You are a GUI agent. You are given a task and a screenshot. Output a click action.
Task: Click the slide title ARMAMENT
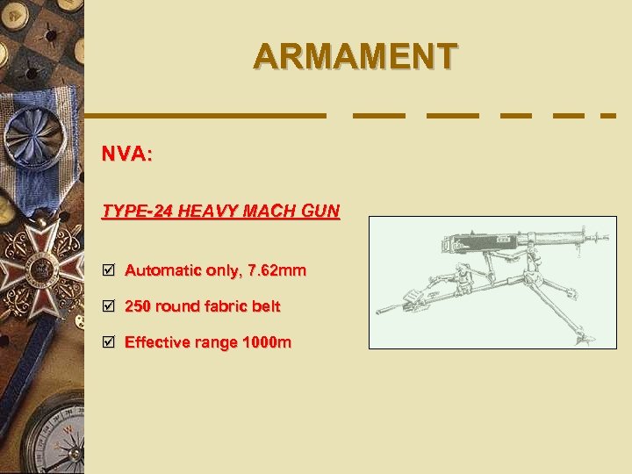pyautogui.click(x=355, y=56)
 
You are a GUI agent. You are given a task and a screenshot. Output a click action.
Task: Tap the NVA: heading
pyautogui.click(x=127, y=155)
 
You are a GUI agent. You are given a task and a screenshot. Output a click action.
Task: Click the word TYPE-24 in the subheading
pyautogui.click(x=133, y=212)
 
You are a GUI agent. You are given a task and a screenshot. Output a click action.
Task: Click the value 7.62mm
pyautogui.click(x=277, y=270)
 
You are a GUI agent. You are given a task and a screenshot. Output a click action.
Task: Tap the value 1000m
pyautogui.click(x=269, y=342)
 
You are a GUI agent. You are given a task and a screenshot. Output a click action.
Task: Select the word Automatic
pyautogui.click(x=162, y=270)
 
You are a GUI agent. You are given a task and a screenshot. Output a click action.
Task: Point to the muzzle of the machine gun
pyautogui.click(x=605, y=236)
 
